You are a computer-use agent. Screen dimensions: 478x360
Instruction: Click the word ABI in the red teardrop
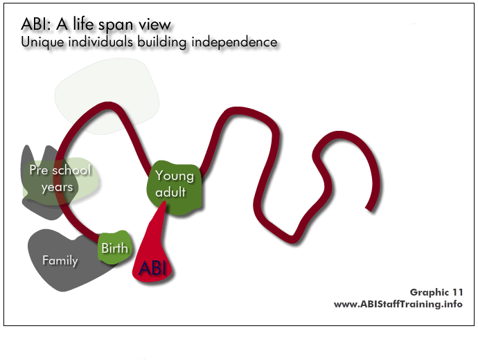click(x=152, y=268)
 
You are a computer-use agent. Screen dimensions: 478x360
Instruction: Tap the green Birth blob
click(x=115, y=247)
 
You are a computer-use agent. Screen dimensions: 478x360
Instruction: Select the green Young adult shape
click(x=175, y=186)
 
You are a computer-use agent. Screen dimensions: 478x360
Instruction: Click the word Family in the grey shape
click(x=60, y=261)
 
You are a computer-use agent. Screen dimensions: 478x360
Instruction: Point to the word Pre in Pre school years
click(x=39, y=170)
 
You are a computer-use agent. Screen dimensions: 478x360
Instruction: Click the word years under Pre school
click(x=57, y=187)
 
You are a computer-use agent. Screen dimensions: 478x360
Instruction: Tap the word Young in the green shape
click(x=175, y=176)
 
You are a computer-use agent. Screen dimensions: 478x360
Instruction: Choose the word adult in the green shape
click(x=170, y=192)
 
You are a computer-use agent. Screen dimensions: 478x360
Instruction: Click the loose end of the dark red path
click(x=369, y=209)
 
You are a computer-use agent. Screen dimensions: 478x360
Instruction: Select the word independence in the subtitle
click(x=234, y=42)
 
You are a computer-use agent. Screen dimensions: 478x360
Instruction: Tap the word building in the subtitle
click(x=161, y=42)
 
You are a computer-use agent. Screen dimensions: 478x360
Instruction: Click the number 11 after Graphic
click(x=457, y=292)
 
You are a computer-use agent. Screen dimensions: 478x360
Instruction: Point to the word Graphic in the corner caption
click(x=430, y=293)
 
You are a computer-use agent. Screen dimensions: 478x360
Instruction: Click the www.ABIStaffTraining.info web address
click(x=398, y=304)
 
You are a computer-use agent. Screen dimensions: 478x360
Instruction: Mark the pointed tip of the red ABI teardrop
click(x=166, y=201)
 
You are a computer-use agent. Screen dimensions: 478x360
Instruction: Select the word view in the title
click(x=155, y=24)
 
